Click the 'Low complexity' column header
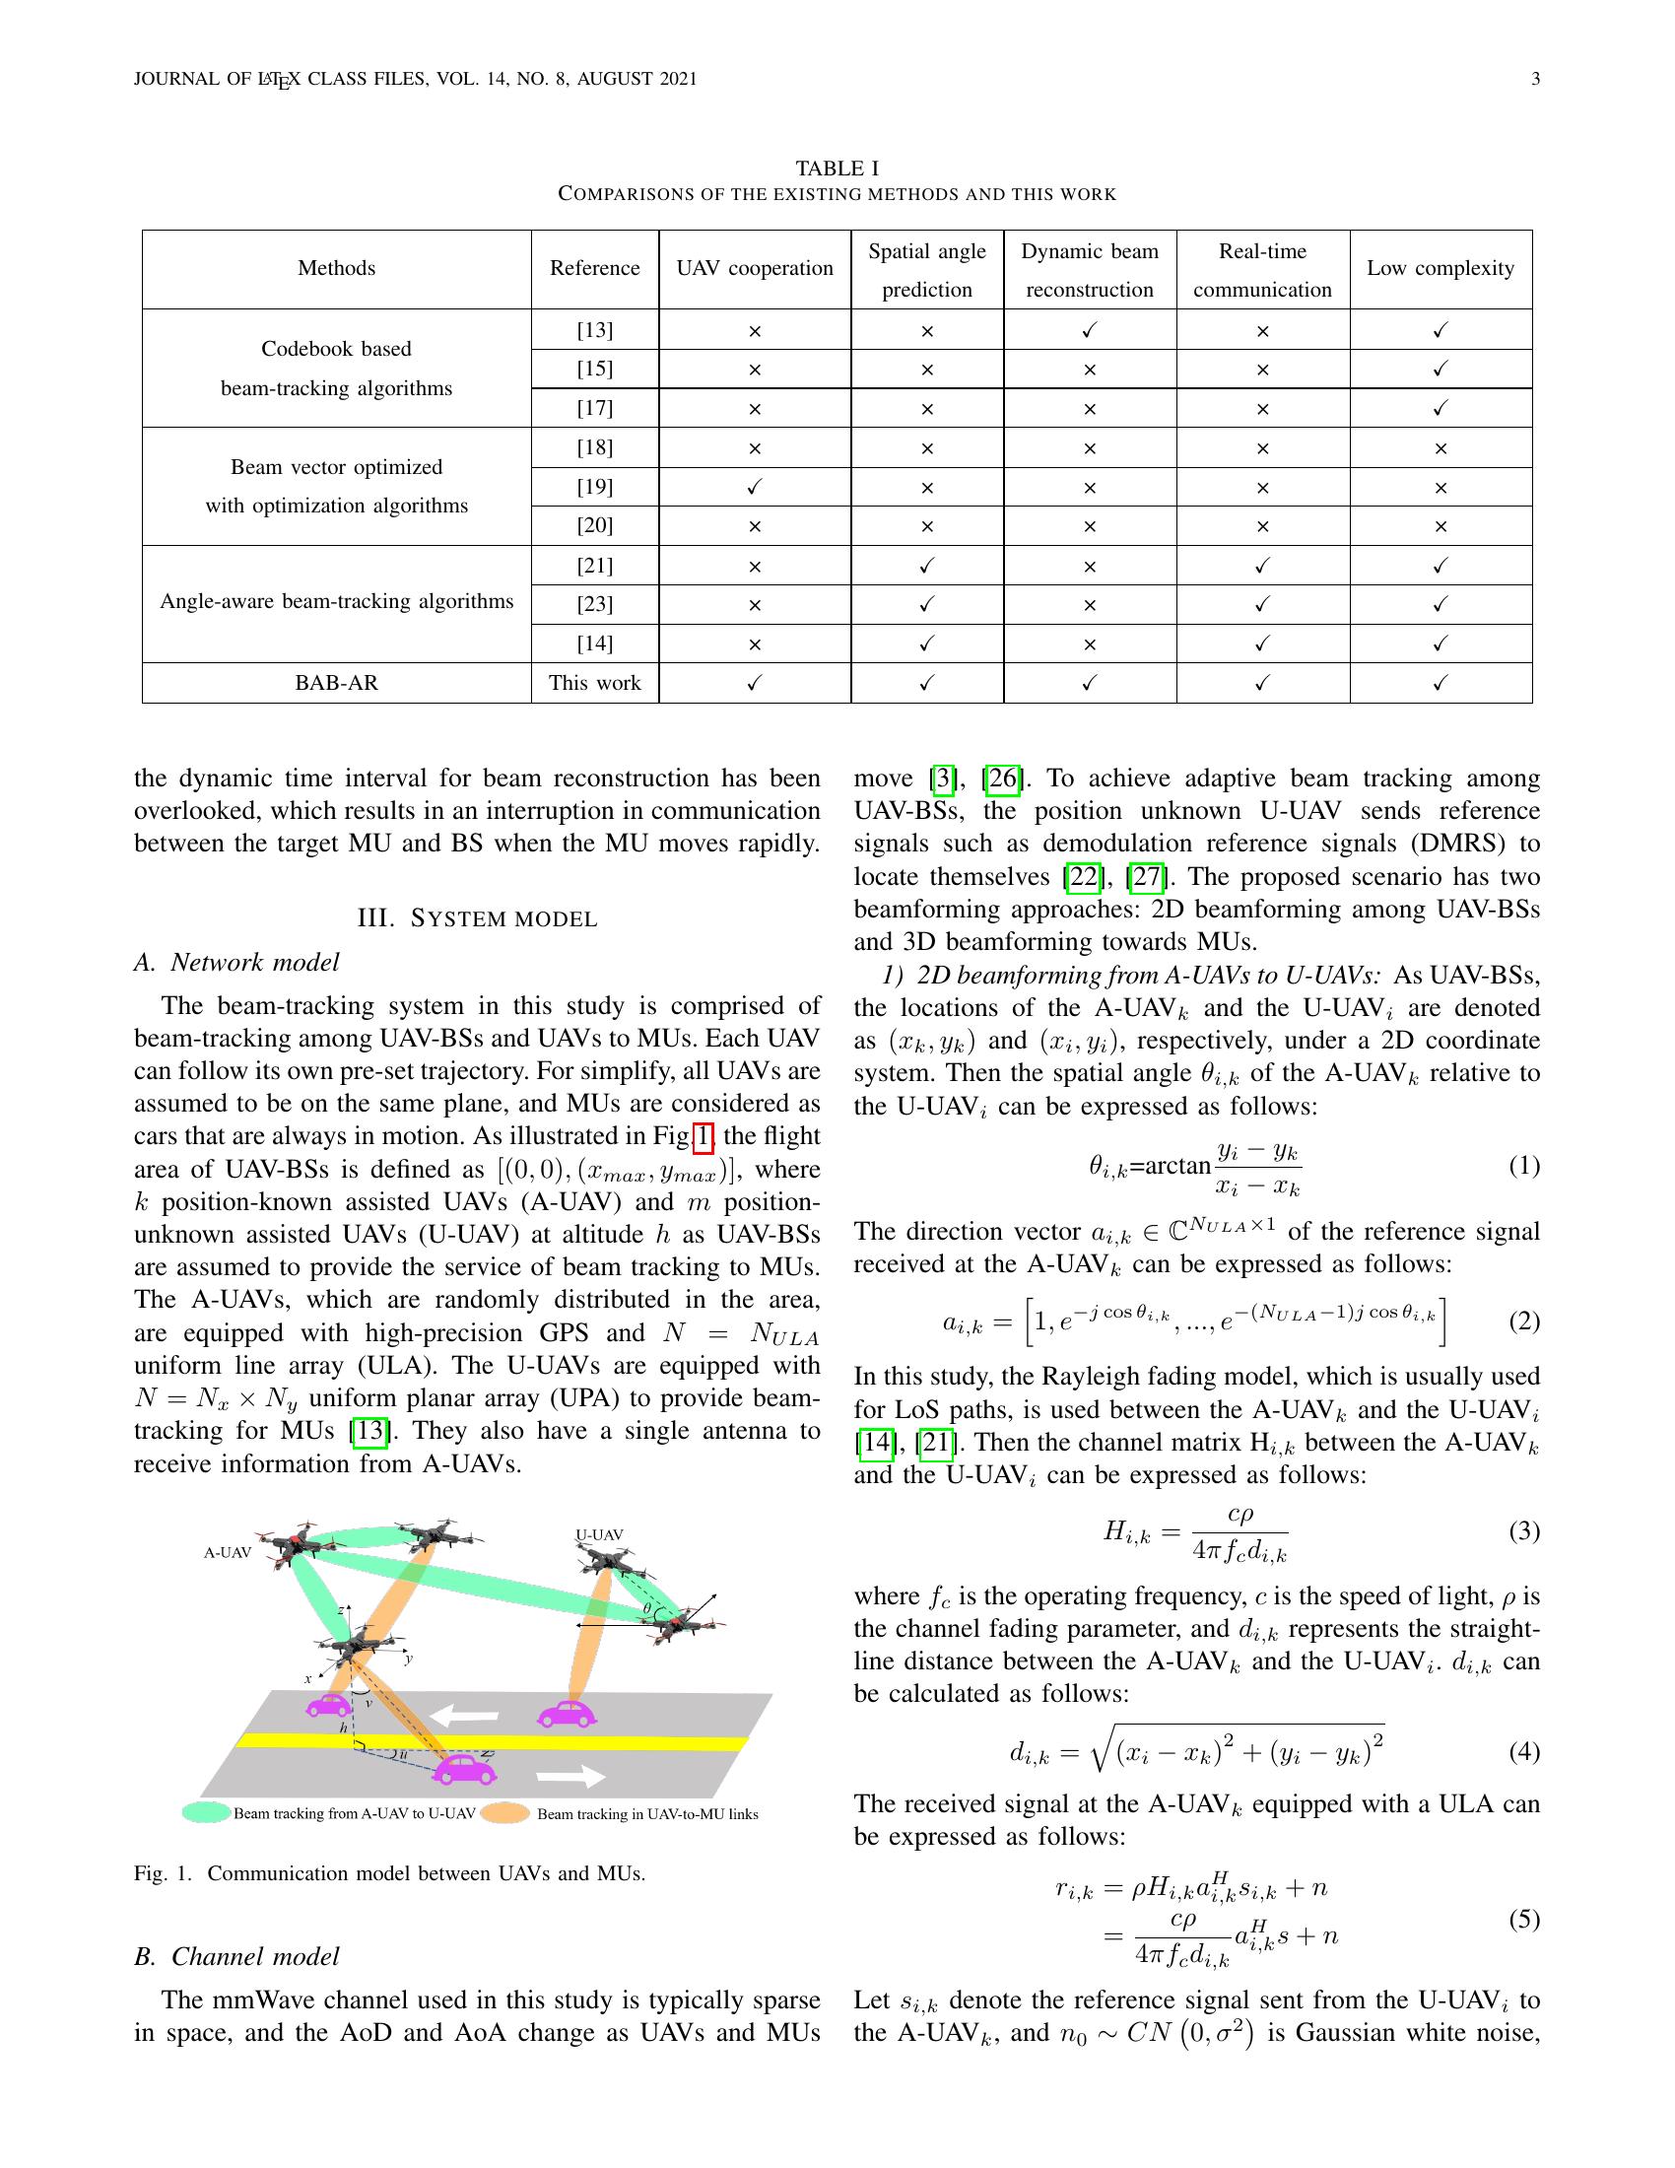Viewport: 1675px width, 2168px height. coord(1440,268)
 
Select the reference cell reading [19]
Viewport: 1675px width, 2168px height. coord(594,487)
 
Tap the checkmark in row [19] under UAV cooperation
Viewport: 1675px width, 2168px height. coord(754,487)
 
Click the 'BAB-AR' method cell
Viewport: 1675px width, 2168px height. coord(336,683)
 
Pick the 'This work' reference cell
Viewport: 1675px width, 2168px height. coord(594,683)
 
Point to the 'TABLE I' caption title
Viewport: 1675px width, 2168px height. coord(837,168)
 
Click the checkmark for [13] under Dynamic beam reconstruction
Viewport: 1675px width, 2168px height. coord(1090,329)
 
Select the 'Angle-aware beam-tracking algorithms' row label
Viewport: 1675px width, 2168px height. coord(336,601)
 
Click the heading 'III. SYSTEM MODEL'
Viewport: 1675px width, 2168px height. coord(477,918)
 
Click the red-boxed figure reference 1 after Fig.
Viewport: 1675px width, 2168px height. coord(703,1135)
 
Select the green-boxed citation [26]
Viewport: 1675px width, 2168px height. coord(1002,779)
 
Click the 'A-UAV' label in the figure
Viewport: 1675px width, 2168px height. coord(228,1552)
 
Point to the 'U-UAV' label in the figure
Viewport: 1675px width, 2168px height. coord(599,1534)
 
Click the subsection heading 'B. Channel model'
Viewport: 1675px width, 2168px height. coord(236,1955)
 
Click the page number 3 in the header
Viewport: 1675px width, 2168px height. coord(1535,80)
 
